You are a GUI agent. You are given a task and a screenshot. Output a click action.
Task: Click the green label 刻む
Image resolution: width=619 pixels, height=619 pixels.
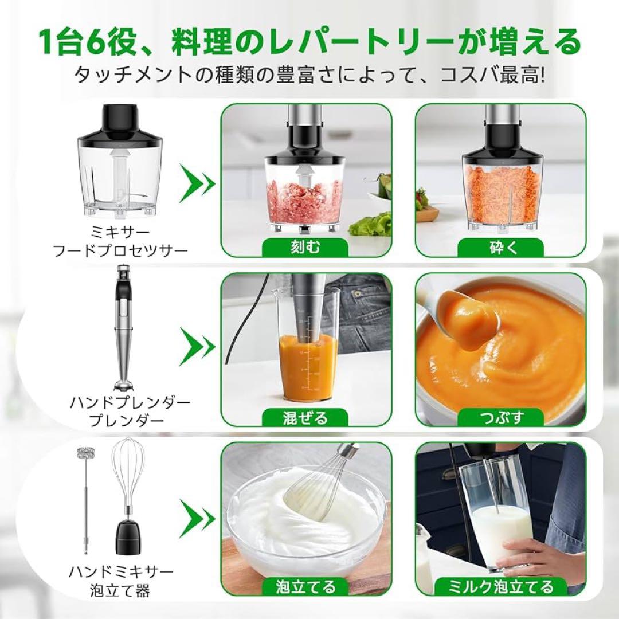pos(305,247)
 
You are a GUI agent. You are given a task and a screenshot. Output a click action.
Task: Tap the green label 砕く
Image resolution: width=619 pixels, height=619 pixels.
pos(500,247)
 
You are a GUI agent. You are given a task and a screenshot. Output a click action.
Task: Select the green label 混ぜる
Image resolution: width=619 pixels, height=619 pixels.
pos(305,417)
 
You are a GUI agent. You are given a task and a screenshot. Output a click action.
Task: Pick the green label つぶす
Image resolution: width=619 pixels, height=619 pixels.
pos(500,417)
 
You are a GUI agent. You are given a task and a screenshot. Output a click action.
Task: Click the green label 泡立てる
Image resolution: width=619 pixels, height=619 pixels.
pos(305,586)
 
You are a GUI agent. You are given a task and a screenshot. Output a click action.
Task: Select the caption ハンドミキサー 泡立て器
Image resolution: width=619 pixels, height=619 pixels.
pos(121,581)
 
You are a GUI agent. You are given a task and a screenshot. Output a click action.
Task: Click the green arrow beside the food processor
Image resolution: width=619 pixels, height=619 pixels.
pos(198,185)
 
